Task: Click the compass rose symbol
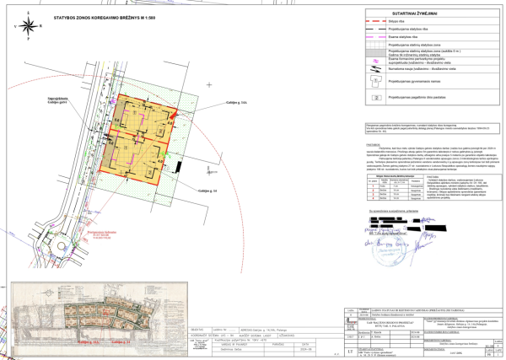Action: pos(29,22)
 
